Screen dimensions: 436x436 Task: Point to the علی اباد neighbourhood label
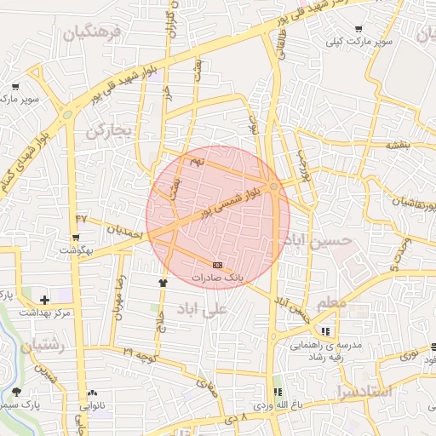(202, 310)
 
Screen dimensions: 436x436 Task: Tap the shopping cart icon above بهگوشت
(81, 237)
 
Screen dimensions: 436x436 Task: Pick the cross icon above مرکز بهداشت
(45, 300)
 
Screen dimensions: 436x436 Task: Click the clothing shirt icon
(163, 282)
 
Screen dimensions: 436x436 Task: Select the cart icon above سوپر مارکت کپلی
(359, 28)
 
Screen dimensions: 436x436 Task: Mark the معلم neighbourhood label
(332, 304)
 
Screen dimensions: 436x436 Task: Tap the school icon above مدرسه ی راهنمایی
(324, 331)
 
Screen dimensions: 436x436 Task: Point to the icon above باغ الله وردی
(276, 392)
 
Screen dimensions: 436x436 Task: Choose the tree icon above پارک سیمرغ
(17, 391)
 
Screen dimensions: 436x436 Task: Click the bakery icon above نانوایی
(92, 393)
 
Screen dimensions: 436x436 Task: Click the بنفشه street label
(399, 145)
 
